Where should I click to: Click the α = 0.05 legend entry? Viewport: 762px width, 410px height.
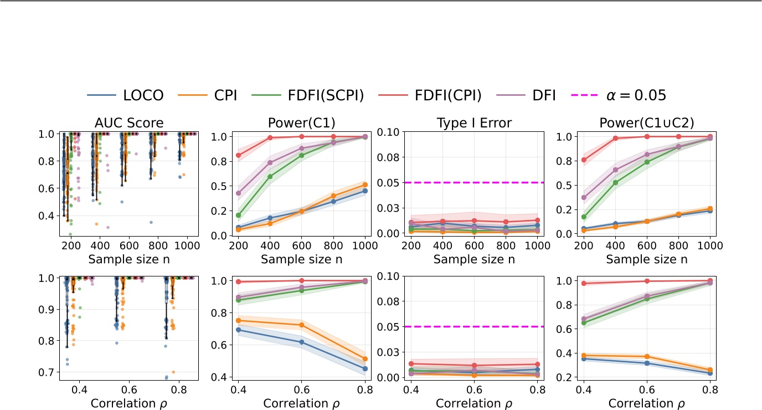point(619,95)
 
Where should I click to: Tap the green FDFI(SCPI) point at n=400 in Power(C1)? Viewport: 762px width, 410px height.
point(270,177)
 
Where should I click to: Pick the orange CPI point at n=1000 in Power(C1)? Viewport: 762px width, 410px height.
point(365,185)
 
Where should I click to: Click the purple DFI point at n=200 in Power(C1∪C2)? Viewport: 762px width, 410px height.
point(583,197)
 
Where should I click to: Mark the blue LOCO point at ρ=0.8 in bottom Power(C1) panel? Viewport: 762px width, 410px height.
point(365,368)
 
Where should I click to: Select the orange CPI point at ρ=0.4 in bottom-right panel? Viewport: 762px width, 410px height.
point(583,355)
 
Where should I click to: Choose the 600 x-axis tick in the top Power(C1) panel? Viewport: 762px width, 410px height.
point(302,245)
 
